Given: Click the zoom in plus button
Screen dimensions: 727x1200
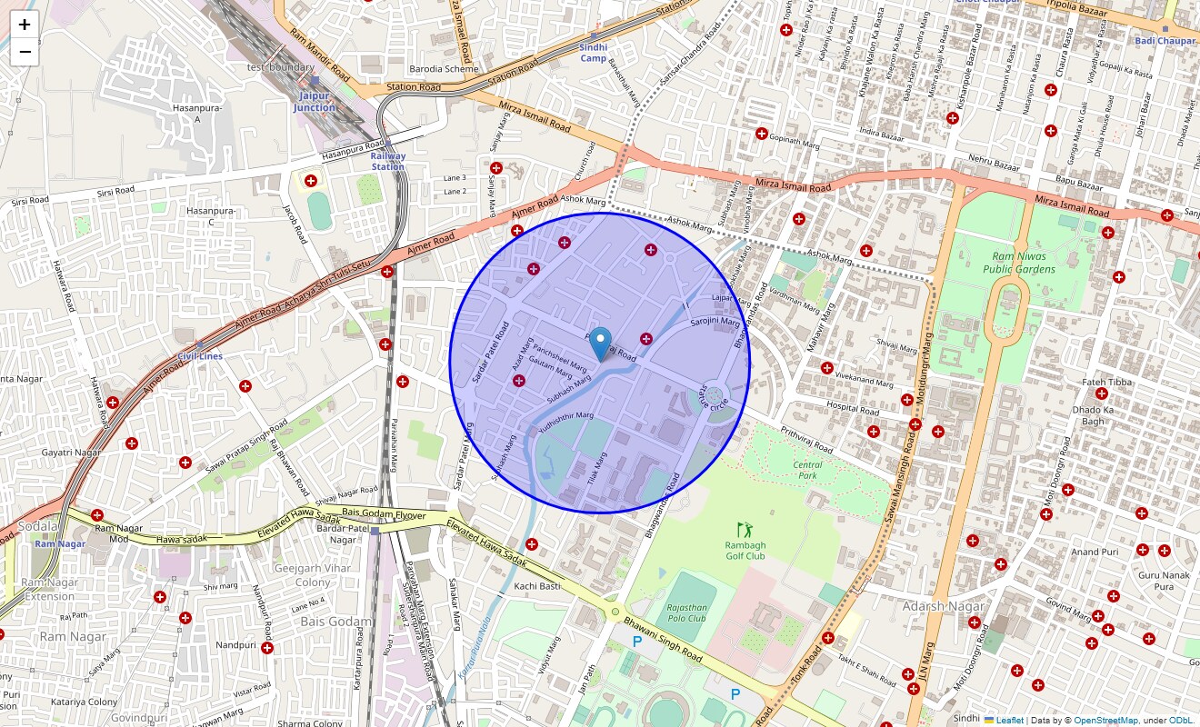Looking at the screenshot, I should [x=25, y=25].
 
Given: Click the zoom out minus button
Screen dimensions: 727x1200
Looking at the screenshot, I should [x=25, y=52].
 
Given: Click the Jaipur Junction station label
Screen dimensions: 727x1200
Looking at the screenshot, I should [x=314, y=102].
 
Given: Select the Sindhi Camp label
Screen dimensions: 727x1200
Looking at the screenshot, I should [x=593, y=53].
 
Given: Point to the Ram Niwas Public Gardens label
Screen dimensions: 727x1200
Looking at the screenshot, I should [x=1024, y=263].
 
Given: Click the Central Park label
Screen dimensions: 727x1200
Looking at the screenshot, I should [x=807, y=470].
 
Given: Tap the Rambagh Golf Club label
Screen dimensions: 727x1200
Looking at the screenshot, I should [x=745, y=550].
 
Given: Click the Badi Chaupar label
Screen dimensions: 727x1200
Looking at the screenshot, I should [x=1165, y=41].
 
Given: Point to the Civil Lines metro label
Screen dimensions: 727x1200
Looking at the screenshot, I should [x=200, y=356].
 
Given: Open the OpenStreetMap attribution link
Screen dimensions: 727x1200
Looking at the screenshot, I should [x=1105, y=720].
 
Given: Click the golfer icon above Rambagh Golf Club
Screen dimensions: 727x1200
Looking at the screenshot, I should [x=745, y=528].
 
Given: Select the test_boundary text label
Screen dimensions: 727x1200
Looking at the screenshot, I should [x=280, y=67].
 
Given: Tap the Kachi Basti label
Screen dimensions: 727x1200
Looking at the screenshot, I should [x=536, y=586].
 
